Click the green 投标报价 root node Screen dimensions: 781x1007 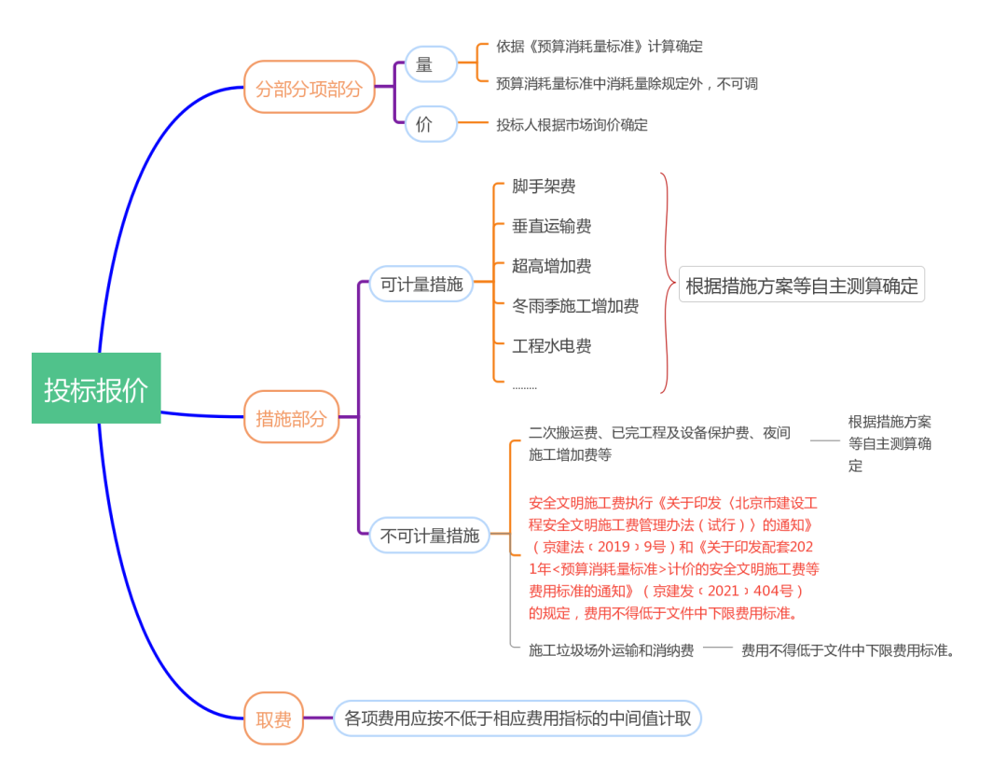(x=96, y=388)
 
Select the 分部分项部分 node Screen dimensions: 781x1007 (x=309, y=88)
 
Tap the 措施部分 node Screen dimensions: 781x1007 (x=291, y=417)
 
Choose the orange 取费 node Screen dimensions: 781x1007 (x=274, y=718)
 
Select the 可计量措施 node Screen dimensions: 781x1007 (x=421, y=284)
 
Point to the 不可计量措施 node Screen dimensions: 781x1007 (x=429, y=535)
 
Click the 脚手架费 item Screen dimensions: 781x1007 (x=544, y=187)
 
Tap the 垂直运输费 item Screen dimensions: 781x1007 (x=551, y=226)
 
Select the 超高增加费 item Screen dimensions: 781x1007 (x=551, y=266)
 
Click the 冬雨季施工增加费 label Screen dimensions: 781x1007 (x=575, y=306)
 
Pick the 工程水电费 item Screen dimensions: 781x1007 (x=551, y=346)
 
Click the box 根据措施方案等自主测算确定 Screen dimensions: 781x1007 (x=802, y=286)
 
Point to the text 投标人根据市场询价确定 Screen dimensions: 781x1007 (x=572, y=124)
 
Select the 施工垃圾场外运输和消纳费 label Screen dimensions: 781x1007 (x=611, y=650)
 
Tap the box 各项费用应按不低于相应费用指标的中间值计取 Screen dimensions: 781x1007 (x=517, y=718)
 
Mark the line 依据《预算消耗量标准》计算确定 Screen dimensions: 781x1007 (x=599, y=46)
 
